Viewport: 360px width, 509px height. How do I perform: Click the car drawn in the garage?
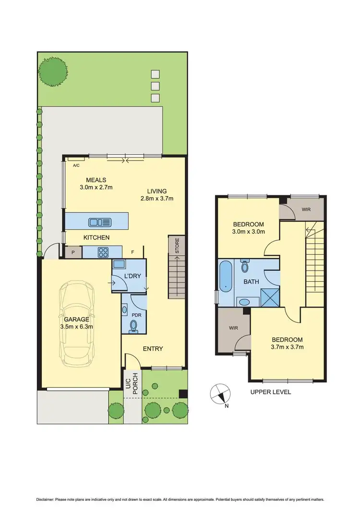[77, 321]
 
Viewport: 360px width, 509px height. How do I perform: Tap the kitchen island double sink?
[100, 222]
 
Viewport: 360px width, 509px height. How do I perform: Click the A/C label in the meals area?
[76, 166]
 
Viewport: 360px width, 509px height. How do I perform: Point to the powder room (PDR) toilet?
[134, 326]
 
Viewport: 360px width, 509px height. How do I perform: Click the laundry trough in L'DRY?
[119, 264]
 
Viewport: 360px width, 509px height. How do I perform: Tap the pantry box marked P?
[73, 252]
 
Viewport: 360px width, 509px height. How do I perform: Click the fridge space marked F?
[133, 252]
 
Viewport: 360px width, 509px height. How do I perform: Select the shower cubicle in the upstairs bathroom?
[270, 297]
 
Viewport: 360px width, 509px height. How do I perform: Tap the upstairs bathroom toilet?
[245, 267]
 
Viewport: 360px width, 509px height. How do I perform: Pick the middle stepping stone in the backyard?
[155, 86]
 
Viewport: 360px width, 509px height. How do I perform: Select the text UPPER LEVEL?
[271, 392]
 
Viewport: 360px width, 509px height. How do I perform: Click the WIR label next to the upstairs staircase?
[306, 210]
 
